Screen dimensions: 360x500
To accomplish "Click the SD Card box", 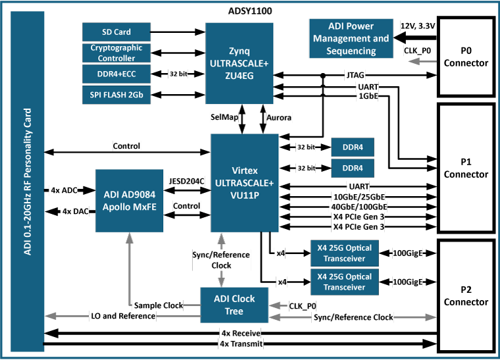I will click(116, 32).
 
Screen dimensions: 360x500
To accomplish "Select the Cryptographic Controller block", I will click(116, 53).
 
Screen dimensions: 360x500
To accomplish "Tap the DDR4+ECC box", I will click(116, 74).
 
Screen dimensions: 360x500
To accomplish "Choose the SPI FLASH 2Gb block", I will click(116, 95).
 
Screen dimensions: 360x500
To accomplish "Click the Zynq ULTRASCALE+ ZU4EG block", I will click(239, 63).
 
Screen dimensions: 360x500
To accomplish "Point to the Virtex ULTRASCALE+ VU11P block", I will click(245, 182).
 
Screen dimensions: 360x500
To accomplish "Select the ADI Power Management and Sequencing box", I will click(351, 39).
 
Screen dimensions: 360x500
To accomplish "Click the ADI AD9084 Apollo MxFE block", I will click(130, 200).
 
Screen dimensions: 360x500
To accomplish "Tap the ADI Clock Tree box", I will click(234, 305).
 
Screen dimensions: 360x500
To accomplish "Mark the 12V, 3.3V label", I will click(418, 26).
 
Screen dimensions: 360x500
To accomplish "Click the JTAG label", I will click(355, 76).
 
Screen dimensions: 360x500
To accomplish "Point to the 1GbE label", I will click(367, 96).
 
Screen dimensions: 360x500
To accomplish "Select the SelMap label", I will click(224, 116).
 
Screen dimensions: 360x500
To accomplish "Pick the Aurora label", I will click(279, 117).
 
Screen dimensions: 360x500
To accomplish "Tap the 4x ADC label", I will click(64, 190).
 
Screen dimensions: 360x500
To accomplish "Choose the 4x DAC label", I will click(75, 211).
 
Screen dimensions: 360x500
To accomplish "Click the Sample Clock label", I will click(158, 305).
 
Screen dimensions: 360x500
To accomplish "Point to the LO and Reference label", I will click(123, 316).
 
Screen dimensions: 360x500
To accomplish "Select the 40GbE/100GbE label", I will click(359, 207).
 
